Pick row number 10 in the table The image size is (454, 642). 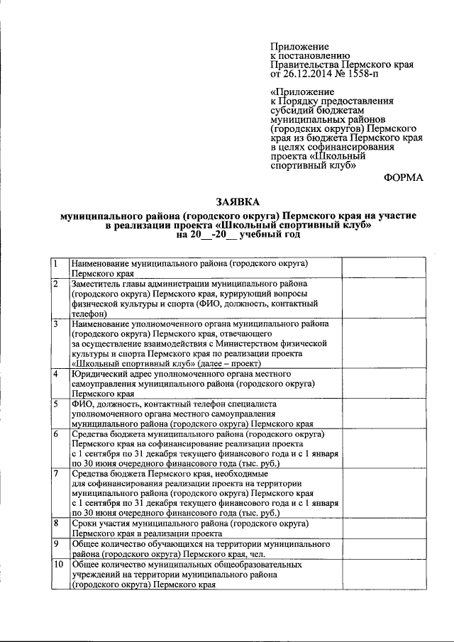(x=59, y=565)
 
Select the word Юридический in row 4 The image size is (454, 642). (x=103, y=373)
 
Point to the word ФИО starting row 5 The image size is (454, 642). (x=82, y=404)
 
